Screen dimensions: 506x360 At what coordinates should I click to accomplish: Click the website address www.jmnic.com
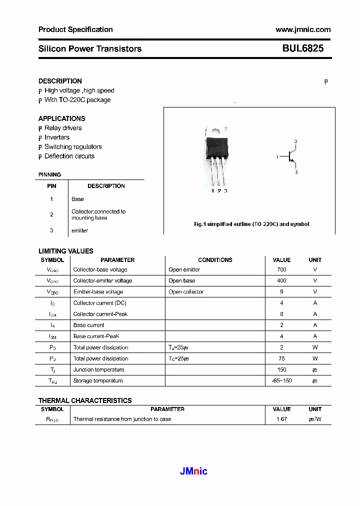tap(302, 29)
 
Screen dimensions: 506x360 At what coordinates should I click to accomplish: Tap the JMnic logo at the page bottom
tap(193, 471)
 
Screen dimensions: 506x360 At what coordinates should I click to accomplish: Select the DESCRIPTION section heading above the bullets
tap(60, 81)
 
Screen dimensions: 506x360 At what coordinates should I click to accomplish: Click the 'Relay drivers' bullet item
tap(63, 128)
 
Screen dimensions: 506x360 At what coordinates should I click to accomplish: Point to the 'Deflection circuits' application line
tap(69, 156)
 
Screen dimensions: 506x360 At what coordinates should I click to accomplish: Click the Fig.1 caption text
tap(251, 224)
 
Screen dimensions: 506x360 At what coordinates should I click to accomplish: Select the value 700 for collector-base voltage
tap(281, 269)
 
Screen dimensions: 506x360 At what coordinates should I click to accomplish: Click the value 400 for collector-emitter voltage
tap(281, 280)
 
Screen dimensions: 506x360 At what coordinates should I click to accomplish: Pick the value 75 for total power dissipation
tap(281, 358)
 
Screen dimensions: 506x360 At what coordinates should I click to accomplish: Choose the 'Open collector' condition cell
tap(186, 291)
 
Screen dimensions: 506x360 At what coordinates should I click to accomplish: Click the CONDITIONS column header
tap(215, 260)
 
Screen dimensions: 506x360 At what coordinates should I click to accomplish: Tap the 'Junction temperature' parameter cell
tap(98, 369)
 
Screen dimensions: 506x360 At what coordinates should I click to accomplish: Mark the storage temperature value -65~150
tap(281, 380)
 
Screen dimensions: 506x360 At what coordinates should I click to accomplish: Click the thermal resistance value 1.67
tap(281, 419)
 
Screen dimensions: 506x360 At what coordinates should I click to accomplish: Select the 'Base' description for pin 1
tap(77, 199)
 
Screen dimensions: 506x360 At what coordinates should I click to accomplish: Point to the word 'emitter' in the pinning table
tap(79, 230)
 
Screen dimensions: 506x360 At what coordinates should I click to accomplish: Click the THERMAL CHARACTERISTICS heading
tap(85, 400)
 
